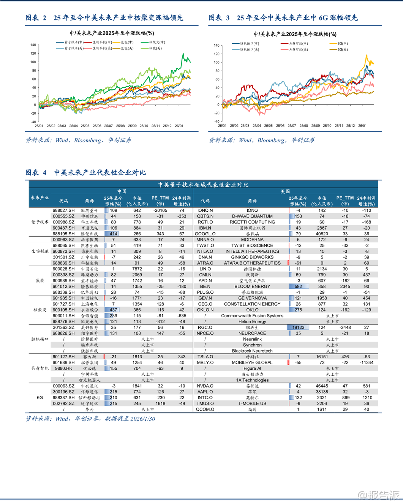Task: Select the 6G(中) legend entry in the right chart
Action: coord(342,44)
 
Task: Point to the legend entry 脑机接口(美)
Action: coord(249,50)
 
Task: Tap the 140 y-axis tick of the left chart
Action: coord(33,45)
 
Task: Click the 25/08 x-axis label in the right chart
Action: coord(303,126)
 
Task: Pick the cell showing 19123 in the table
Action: coord(298,328)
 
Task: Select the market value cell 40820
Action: coord(322,234)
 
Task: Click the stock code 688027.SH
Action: coord(63,210)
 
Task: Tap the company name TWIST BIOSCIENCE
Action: coord(252,246)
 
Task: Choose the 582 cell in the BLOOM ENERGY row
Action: coord(298,287)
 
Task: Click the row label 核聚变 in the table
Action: coord(40,310)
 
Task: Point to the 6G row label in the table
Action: coord(40,398)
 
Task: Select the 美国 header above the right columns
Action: coord(285,191)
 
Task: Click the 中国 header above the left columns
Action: coord(122,191)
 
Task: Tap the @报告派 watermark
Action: coord(379,495)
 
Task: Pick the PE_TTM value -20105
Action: coord(160,210)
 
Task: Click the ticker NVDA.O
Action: coord(205,386)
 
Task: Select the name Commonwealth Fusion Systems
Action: coord(252,316)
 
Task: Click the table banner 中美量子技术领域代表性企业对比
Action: coord(203,185)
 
